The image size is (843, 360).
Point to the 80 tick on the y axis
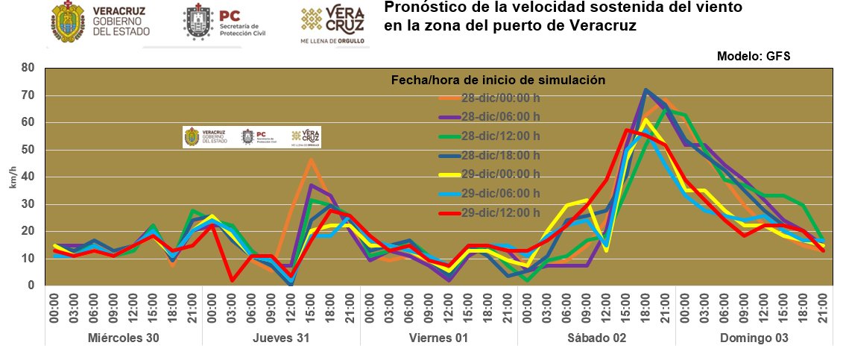[28, 68]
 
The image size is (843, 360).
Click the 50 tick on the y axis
[28, 150]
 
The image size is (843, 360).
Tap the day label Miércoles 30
[123, 338]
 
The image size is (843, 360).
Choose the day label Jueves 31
[281, 338]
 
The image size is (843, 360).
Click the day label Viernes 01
[438, 338]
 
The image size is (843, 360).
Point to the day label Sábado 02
[596, 338]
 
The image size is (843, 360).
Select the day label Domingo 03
[754, 338]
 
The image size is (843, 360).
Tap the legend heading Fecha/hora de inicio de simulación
[498, 80]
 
